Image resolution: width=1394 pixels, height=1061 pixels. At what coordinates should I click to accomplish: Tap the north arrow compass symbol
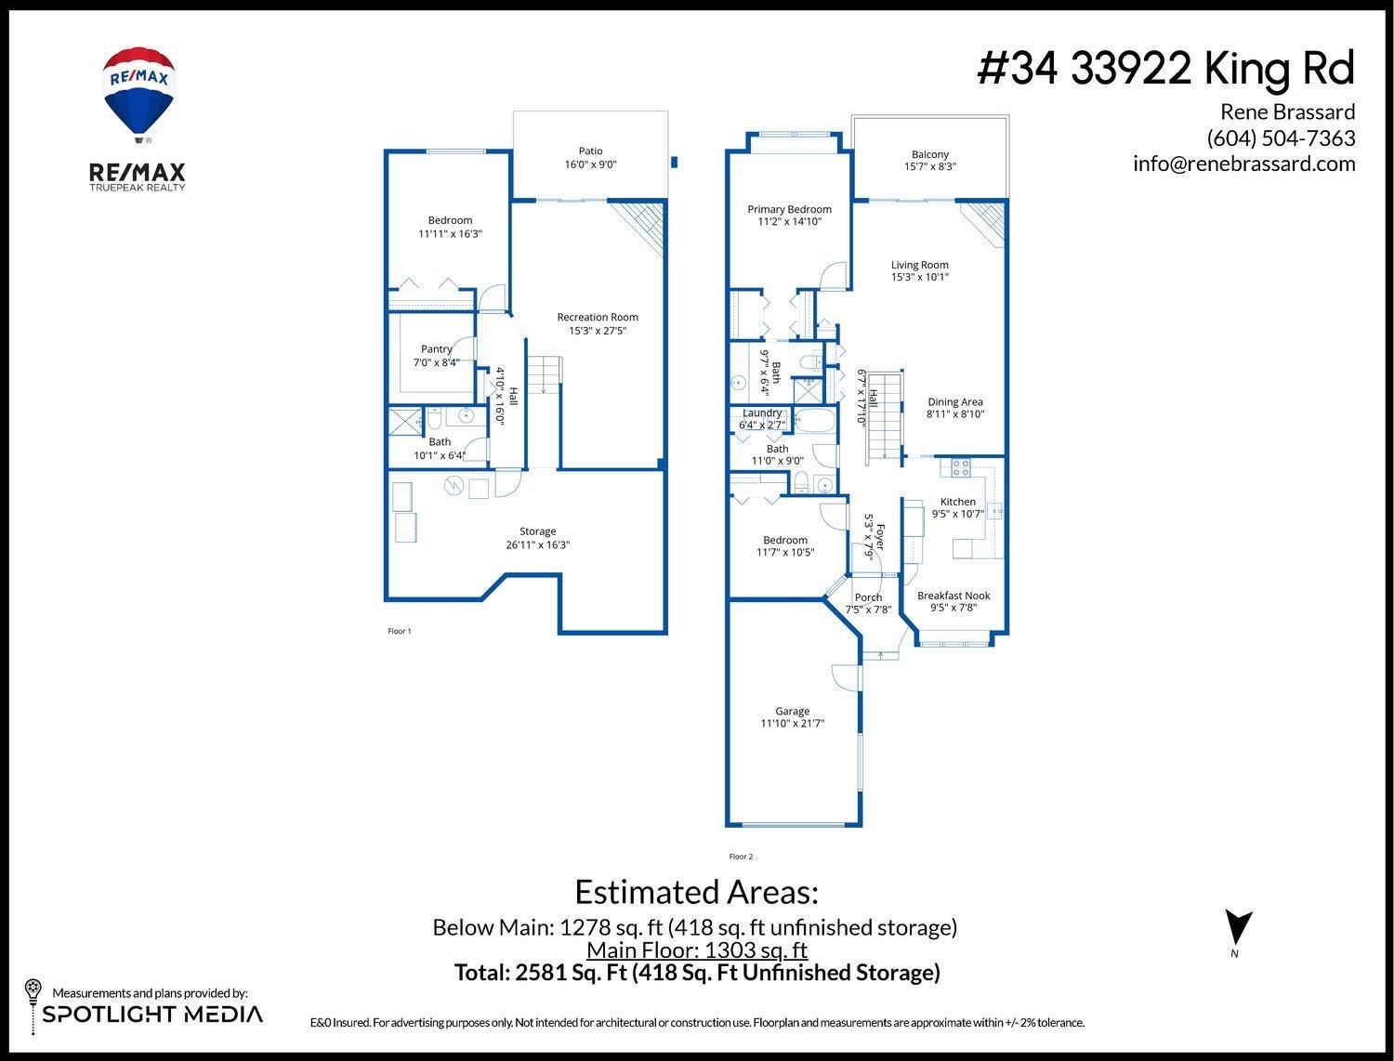(1238, 929)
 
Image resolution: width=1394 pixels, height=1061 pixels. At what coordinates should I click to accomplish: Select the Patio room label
(590, 151)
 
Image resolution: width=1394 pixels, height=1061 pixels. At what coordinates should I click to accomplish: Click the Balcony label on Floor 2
(929, 154)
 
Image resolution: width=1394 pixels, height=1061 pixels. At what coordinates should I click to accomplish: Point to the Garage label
(792, 711)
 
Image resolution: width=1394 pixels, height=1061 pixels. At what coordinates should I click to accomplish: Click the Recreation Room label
(598, 317)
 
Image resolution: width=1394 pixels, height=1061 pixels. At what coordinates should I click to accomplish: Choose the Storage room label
(537, 531)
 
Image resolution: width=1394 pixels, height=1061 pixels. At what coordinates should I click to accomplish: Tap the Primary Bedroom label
(789, 209)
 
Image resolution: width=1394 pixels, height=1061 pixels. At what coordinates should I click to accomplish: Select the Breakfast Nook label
(953, 596)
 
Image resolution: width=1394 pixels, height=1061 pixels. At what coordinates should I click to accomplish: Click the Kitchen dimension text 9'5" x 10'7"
(957, 514)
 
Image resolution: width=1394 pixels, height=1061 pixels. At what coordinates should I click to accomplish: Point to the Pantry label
(436, 349)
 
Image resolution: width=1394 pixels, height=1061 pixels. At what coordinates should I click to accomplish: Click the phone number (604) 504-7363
(1281, 138)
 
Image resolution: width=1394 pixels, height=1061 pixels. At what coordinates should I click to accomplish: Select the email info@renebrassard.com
(1243, 164)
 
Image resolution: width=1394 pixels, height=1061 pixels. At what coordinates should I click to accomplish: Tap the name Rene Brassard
(1287, 112)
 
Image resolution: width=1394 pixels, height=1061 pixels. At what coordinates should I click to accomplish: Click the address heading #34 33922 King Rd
(1165, 69)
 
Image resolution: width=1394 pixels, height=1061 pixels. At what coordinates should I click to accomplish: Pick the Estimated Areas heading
(696, 892)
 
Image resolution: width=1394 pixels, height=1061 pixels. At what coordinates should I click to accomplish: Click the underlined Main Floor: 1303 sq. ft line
(696, 950)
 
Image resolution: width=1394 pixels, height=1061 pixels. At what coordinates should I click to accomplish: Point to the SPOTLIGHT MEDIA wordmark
(152, 1014)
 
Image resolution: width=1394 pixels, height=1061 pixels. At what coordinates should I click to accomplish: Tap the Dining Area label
(954, 402)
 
